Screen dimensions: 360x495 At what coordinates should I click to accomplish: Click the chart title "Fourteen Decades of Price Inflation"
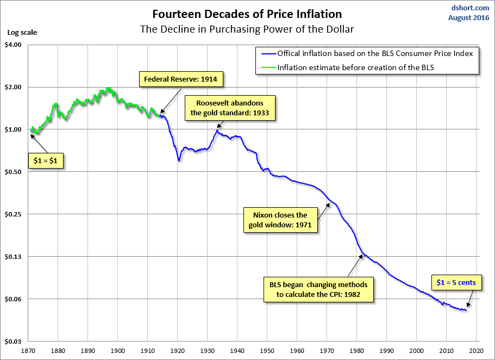(x=247, y=13)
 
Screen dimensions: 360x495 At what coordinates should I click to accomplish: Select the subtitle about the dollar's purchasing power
(x=247, y=28)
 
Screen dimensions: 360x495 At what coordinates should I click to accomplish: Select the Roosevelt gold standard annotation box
(x=230, y=108)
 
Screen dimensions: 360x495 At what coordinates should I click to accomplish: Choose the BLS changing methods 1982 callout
(x=318, y=290)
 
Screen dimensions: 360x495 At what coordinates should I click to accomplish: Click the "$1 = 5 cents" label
(x=456, y=282)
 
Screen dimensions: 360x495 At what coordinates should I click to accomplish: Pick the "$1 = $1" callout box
(x=46, y=162)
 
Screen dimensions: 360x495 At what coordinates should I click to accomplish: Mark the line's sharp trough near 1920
(x=179, y=161)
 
